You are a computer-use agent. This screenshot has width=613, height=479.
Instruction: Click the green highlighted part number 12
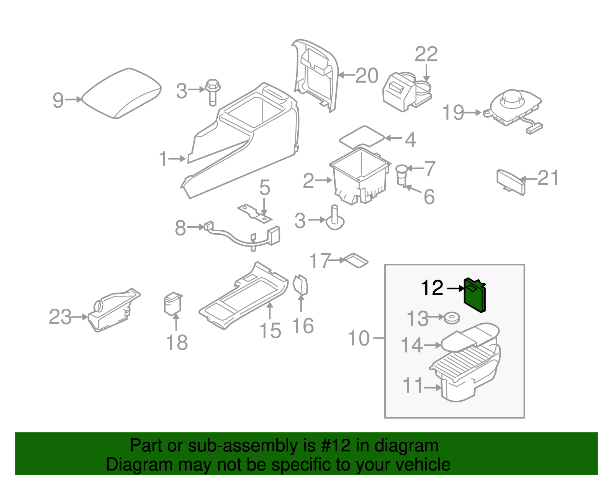tap(475, 295)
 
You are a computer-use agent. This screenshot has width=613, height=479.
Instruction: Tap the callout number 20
tap(367, 76)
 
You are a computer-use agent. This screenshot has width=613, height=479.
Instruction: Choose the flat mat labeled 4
tap(362, 136)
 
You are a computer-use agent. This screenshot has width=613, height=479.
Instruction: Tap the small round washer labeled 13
tap(452, 318)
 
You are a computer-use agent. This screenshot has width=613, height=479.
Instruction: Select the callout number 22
tap(426, 54)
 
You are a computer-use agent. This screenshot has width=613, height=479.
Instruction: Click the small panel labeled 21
tap(511, 182)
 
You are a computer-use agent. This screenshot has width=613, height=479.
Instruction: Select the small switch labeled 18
tap(172, 304)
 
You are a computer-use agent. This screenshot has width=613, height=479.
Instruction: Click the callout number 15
tap(270, 331)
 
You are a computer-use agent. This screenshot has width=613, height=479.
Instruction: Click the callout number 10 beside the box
tap(358, 339)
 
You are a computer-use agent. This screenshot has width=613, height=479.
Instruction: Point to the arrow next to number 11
tap(433, 388)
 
